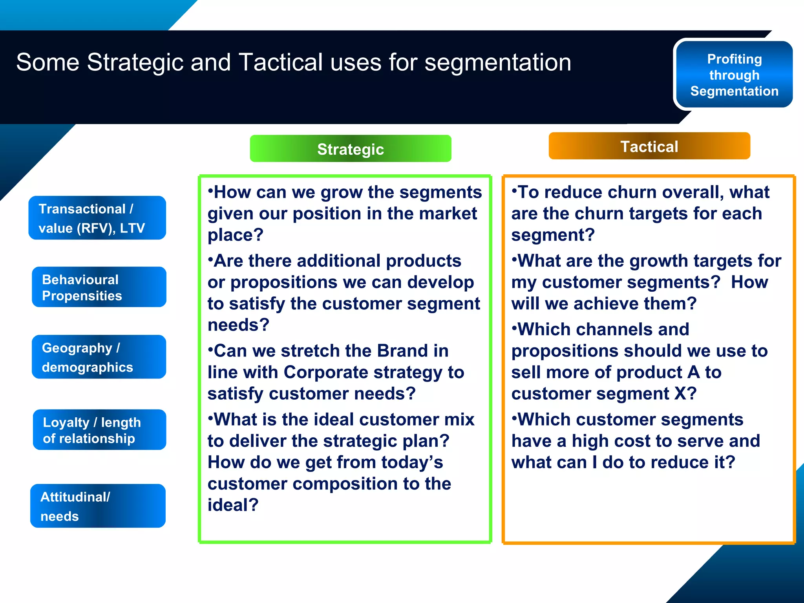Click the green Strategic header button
pyautogui.click(x=350, y=149)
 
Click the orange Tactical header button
pyautogui.click(x=649, y=146)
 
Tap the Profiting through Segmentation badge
pyautogui.click(x=734, y=75)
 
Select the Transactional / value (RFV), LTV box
pyautogui.click(x=97, y=218)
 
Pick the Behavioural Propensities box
pyautogui.click(x=99, y=287)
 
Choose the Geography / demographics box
pyautogui.click(x=99, y=357)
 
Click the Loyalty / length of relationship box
pyautogui.click(x=99, y=430)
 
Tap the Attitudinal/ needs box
pyautogui.click(x=98, y=506)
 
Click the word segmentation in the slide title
pyautogui.click(x=497, y=63)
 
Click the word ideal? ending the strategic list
pyautogui.click(x=233, y=505)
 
